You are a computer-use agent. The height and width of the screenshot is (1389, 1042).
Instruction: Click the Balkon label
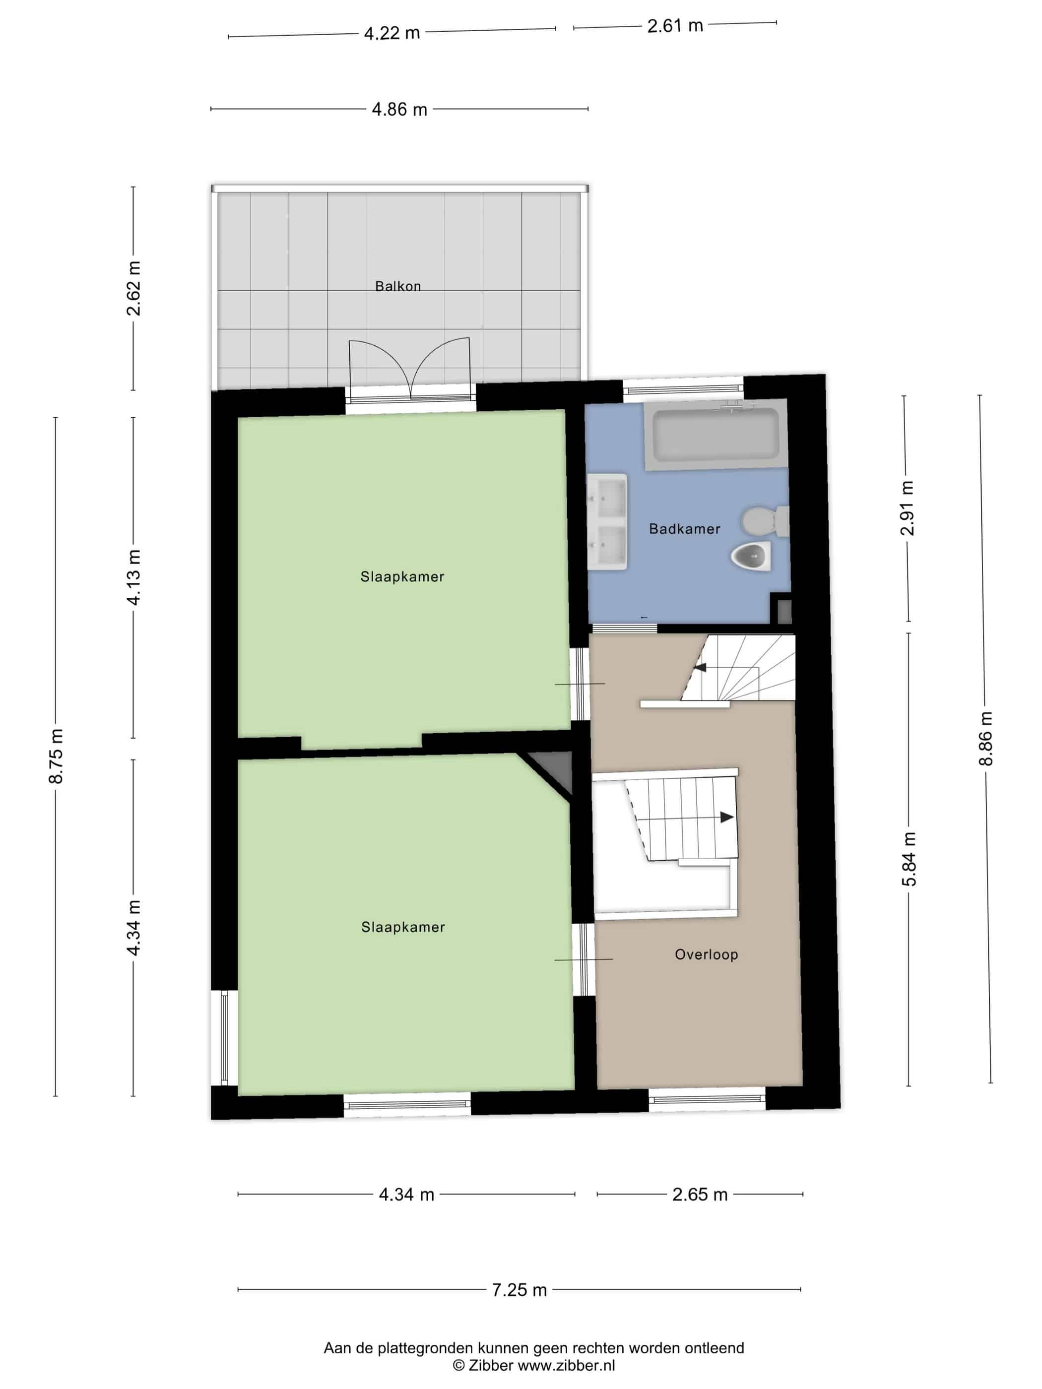[397, 286]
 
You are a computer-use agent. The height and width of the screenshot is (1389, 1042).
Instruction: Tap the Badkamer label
[685, 529]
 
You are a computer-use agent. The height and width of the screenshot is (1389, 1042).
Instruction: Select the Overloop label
[706, 954]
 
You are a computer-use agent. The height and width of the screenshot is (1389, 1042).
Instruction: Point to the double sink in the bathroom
[607, 521]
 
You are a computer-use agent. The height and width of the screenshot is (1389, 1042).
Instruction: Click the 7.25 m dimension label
[519, 1290]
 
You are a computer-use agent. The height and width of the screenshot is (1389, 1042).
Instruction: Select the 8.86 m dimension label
[985, 739]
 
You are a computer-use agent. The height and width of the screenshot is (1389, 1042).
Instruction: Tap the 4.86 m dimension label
[399, 109]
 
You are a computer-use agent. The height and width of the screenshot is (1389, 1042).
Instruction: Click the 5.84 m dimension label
[909, 859]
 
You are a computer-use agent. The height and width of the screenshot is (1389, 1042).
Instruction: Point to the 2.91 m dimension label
[907, 508]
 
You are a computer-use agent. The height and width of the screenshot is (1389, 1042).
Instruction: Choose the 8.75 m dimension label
[56, 756]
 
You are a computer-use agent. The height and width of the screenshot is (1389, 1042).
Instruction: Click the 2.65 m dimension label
[700, 1195]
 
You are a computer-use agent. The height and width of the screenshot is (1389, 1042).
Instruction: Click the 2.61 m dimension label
[675, 26]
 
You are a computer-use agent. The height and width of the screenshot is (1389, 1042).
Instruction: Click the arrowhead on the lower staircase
[727, 817]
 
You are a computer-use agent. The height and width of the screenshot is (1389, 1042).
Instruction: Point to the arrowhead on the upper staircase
[700, 666]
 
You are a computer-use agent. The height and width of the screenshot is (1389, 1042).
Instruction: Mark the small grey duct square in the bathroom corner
[784, 611]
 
